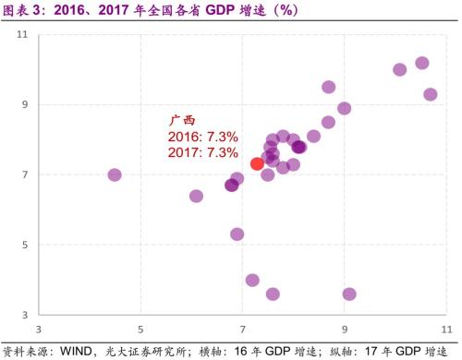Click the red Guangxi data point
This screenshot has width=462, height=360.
(x=257, y=163)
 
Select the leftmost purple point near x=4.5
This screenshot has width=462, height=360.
(x=115, y=174)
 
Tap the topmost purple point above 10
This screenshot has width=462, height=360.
(x=422, y=63)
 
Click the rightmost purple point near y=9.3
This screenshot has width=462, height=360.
(x=431, y=94)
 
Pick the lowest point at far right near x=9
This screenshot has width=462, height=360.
(x=349, y=294)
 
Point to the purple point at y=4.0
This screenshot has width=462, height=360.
(x=252, y=280)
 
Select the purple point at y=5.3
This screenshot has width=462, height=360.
(x=237, y=234)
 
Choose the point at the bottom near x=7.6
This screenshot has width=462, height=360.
(x=273, y=294)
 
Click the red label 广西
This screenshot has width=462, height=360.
(x=182, y=120)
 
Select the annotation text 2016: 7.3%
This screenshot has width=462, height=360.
(x=202, y=136)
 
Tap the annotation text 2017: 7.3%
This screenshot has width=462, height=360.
(x=202, y=151)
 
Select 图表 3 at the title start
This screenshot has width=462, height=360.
(x=21, y=10)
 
